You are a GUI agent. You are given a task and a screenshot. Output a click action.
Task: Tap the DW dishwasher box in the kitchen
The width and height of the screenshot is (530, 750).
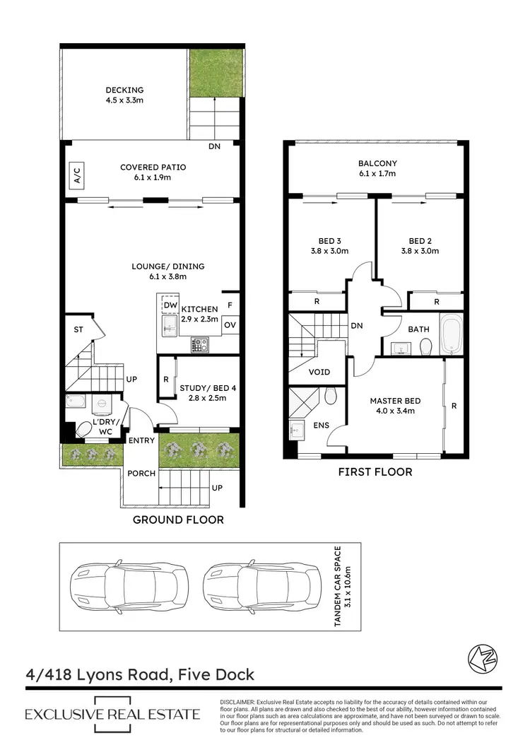(x=169, y=305)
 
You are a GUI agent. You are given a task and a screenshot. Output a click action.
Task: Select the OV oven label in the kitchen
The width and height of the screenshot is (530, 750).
(x=230, y=325)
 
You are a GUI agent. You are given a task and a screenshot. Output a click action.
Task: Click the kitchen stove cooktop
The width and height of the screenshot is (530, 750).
(x=200, y=345)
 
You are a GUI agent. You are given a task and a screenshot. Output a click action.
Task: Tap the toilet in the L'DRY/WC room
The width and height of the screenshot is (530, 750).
(x=83, y=429)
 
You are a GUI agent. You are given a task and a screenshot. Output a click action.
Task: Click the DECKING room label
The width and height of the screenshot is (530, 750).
(x=124, y=90)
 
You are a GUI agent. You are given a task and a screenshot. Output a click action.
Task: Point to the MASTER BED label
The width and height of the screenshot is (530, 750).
(x=395, y=401)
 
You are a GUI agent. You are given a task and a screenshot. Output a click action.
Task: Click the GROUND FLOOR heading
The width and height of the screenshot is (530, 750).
(x=178, y=520)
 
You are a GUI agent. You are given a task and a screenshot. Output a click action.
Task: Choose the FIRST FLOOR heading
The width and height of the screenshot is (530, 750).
(x=375, y=471)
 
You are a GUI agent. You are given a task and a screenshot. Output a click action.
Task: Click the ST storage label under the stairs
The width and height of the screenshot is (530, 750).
(x=79, y=329)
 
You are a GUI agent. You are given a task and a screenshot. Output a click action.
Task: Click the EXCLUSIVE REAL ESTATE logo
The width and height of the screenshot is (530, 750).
(x=112, y=714)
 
